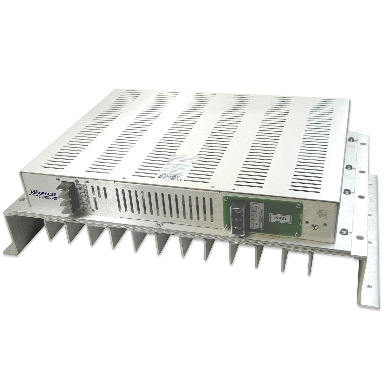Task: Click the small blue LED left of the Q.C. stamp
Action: click(307, 222)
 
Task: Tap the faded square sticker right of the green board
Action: click(322, 213)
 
